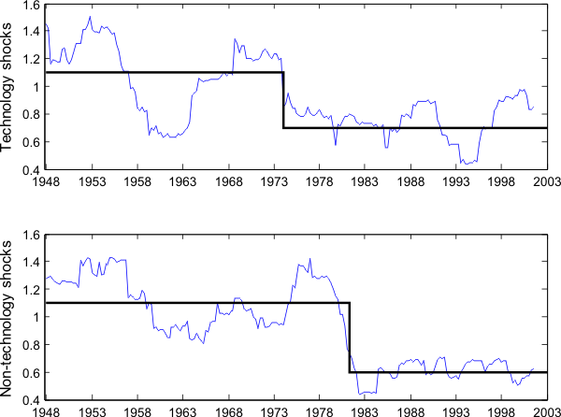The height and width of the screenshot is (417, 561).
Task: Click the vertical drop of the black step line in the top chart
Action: [283, 99]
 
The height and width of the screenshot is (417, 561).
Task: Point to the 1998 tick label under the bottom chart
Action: [501, 410]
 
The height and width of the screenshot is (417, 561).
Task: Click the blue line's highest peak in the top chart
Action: [90, 17]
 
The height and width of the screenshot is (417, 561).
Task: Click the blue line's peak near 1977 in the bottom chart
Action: [309, 259]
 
